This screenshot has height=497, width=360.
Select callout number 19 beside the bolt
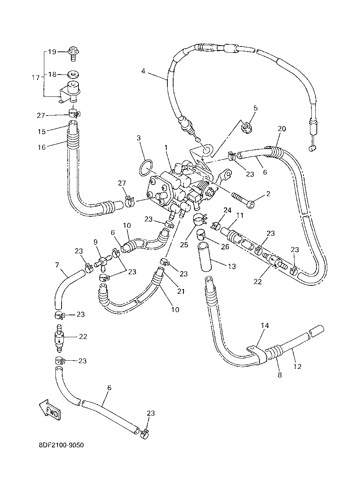(52, 52)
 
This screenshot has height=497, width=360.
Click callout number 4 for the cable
(143, 71)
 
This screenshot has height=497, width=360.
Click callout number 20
(282, 129)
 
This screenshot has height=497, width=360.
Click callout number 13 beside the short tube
(232, 266)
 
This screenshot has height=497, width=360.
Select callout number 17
(36, 78)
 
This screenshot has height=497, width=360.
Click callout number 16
(42, 147)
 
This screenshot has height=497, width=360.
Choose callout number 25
(184, 245)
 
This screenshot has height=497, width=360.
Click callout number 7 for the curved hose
(57, 265)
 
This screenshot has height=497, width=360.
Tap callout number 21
(181, 291)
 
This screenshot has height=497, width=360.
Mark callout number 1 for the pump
(166, 148)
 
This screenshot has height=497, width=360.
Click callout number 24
(228, 210)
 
